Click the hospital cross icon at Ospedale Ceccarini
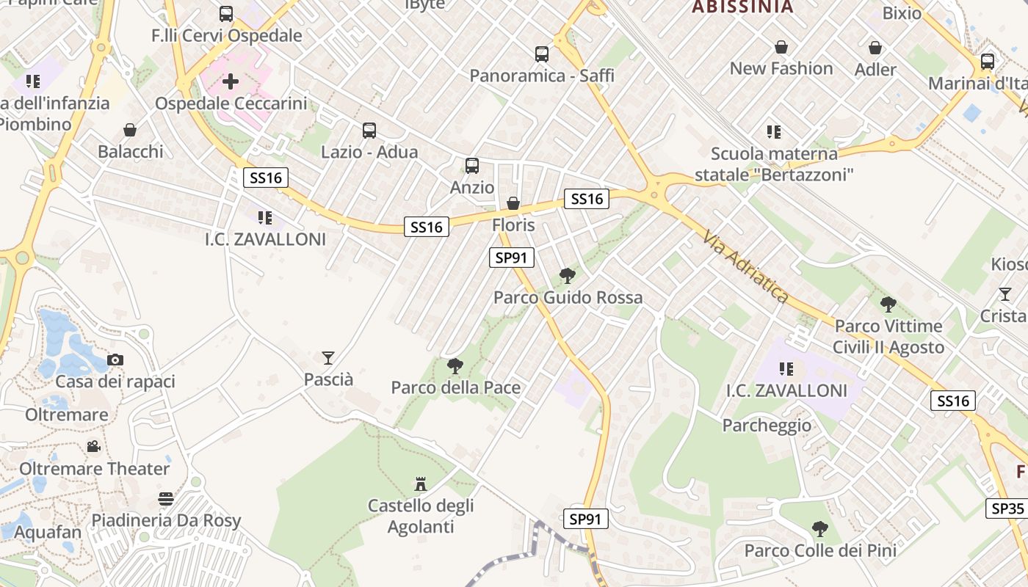point(231,81)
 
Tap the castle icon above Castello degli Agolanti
point(421,484)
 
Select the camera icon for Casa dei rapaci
point(115,360)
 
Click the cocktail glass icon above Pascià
point(328,358)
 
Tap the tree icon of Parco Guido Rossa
point(567,276)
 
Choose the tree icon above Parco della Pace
point(455,366)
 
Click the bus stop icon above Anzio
point(472,166)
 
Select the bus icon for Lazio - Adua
point(369,131)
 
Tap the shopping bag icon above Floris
point(513,203)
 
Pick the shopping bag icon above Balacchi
point(130,130)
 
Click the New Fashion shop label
point(781,68)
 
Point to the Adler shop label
point(875,70)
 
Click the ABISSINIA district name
point(743,7)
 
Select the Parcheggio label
point(767,426)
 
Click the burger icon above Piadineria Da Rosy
point(166,499)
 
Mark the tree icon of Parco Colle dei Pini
point(820,529)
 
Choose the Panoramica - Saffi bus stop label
point(542,76)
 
